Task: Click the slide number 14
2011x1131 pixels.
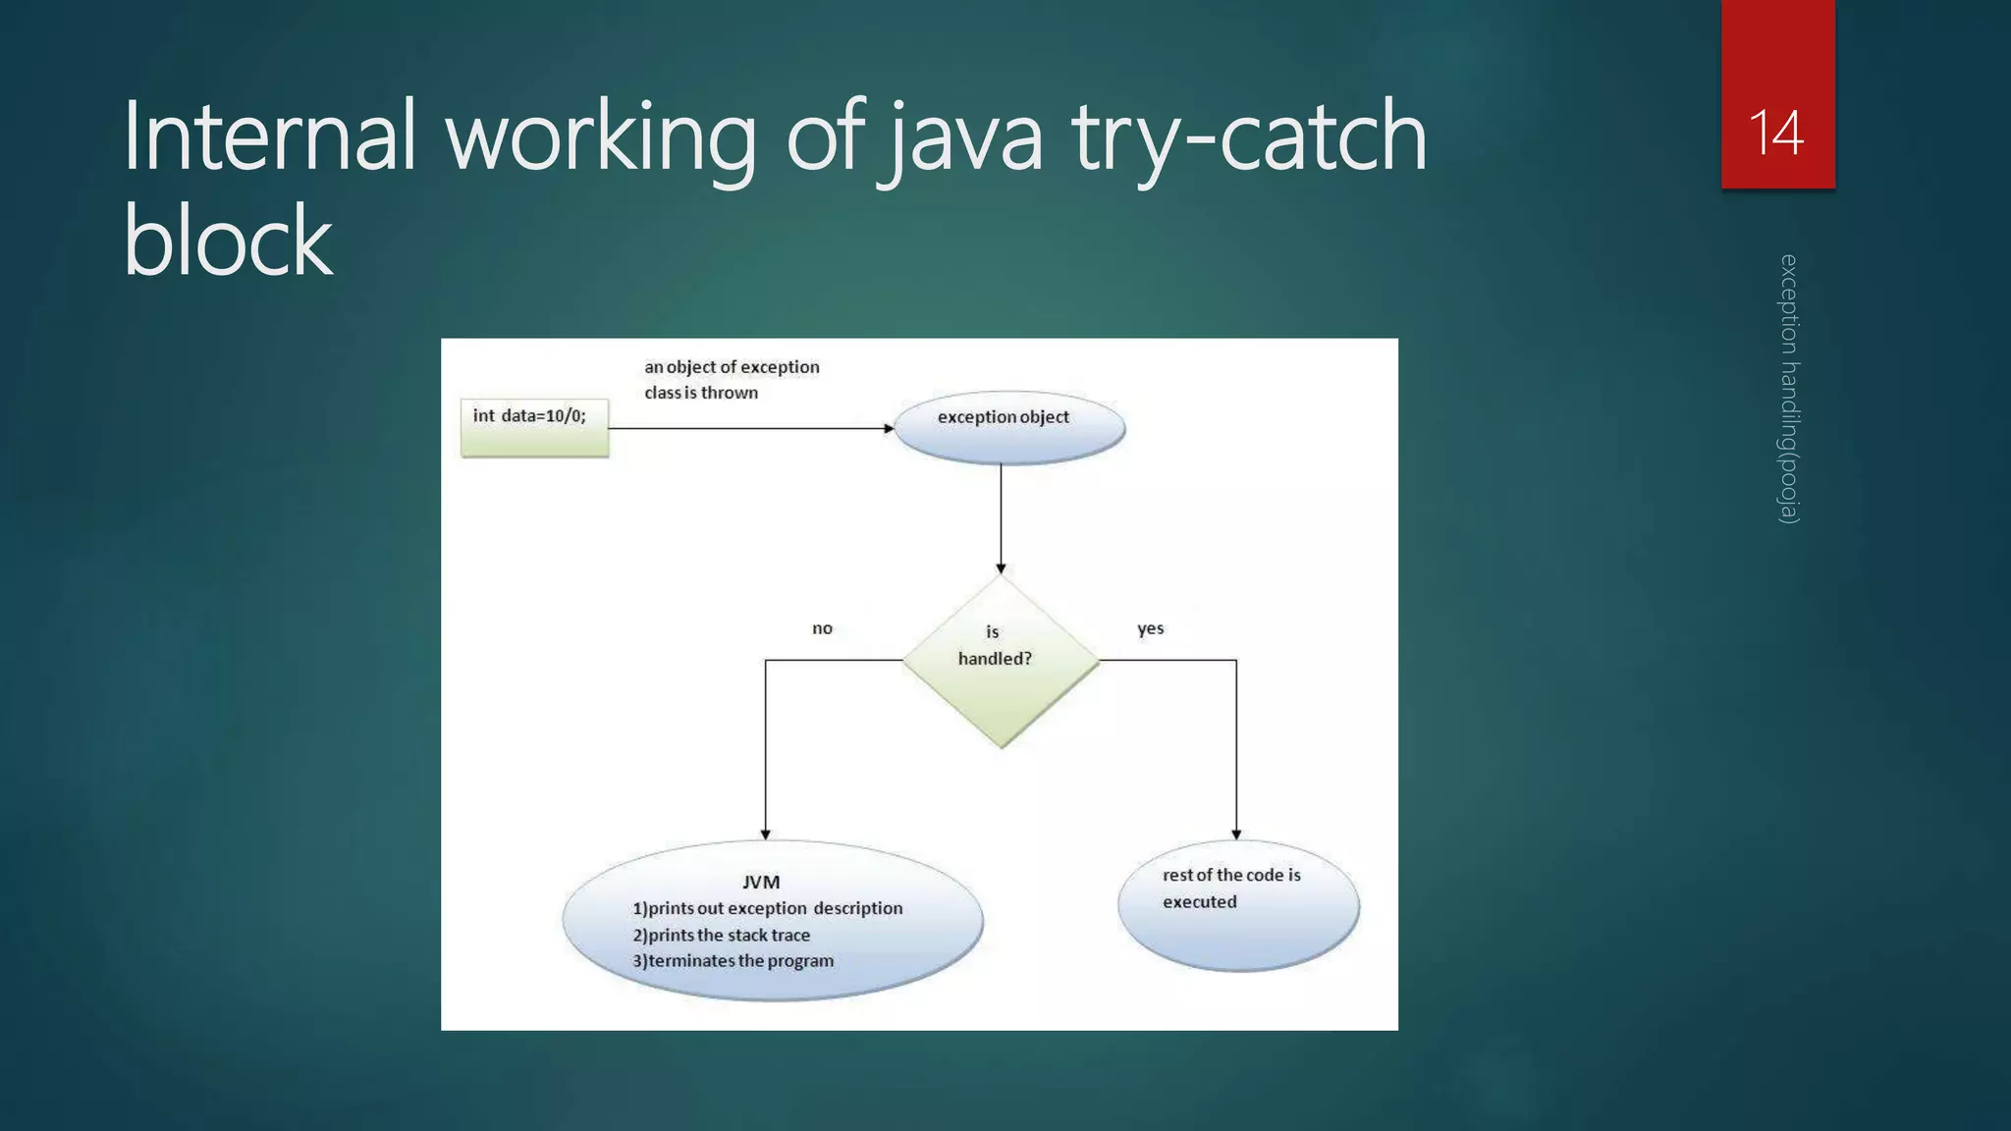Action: click(1776, 133)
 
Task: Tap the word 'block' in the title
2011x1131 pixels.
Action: click(228, 241)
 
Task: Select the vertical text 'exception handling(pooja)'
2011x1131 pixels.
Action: click(1789, 389)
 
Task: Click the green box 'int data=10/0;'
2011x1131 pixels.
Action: click(534, 427)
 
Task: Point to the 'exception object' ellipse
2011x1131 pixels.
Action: click(1008, 428)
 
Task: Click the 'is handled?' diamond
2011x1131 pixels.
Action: click(1001, 660)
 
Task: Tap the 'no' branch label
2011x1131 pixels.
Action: click(822, 628)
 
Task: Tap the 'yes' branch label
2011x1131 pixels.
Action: click(1150, 628)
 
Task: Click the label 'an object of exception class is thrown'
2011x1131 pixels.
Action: click(731, 379)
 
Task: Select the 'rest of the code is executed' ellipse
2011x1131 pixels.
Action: click(1238, 904)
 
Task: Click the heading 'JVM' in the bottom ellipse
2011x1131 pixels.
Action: click(761, 882)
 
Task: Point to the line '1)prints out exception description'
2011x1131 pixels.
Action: click(767, 908)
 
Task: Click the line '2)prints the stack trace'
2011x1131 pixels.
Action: click(722, 935)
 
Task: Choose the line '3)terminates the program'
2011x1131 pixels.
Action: click(734, 961)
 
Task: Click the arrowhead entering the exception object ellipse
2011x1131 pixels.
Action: click(889, 428)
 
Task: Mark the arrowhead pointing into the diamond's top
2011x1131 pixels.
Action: click(1001, 568)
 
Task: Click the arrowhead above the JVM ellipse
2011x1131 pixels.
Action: click(765, 835)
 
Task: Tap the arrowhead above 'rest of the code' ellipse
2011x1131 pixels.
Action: click(1236, 835)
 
